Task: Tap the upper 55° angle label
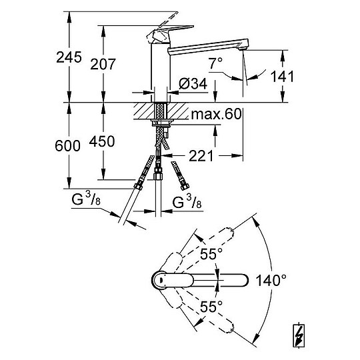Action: pos(211,254)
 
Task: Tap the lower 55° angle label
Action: pos(211,307)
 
